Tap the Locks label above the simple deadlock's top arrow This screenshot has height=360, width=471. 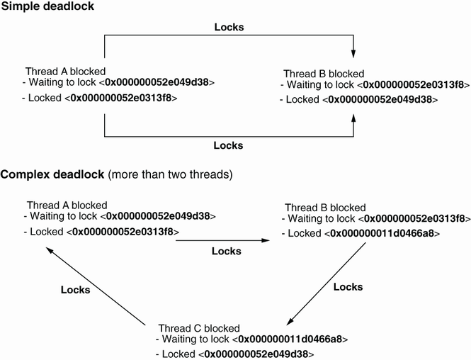point(229,28)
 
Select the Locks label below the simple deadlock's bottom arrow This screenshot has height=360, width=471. point(229,145)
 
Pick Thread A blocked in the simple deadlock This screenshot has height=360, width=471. point(66,71)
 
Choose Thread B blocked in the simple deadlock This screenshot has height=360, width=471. point(324,74)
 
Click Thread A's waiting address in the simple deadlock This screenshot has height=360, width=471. point(159,83)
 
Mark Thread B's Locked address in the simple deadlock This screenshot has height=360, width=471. point(382,100)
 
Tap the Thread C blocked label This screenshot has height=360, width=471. point(199,328)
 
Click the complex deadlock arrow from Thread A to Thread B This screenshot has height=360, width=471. point(222,242)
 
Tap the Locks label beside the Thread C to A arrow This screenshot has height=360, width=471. point(76,289)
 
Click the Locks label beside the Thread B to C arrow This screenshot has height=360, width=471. point(348,287)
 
